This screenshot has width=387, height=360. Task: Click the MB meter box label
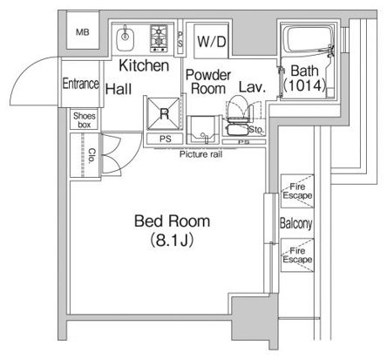[x=83, y=32]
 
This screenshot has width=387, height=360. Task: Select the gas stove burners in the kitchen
[x=159, y=38]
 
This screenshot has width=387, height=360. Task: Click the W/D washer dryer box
[x=211, y=42]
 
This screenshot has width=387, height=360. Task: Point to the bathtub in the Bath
[x=308, y=39]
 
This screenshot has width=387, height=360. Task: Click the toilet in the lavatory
[x=238, y=109]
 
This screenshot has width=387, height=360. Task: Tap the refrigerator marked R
[x=164, y=113]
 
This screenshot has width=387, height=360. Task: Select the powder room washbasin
[x=203, y=130]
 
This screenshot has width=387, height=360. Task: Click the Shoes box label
[x=85, y=120]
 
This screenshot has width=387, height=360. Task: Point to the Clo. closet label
[x=92, y=155]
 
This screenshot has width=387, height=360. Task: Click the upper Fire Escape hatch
[x=297, y=191]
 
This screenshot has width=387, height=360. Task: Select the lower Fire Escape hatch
[x=297, y=255]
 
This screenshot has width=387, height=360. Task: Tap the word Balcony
[x=296, y=223]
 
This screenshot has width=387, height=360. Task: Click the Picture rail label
[x=200, y=154]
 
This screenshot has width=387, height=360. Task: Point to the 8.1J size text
[x=172, y=241]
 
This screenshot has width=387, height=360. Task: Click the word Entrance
[x=81, y=84]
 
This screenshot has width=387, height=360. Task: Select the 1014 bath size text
[x=304, y=85]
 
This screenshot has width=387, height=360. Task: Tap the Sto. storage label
[x=256, y=129]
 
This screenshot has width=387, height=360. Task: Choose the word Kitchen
[x=144, y=65]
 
